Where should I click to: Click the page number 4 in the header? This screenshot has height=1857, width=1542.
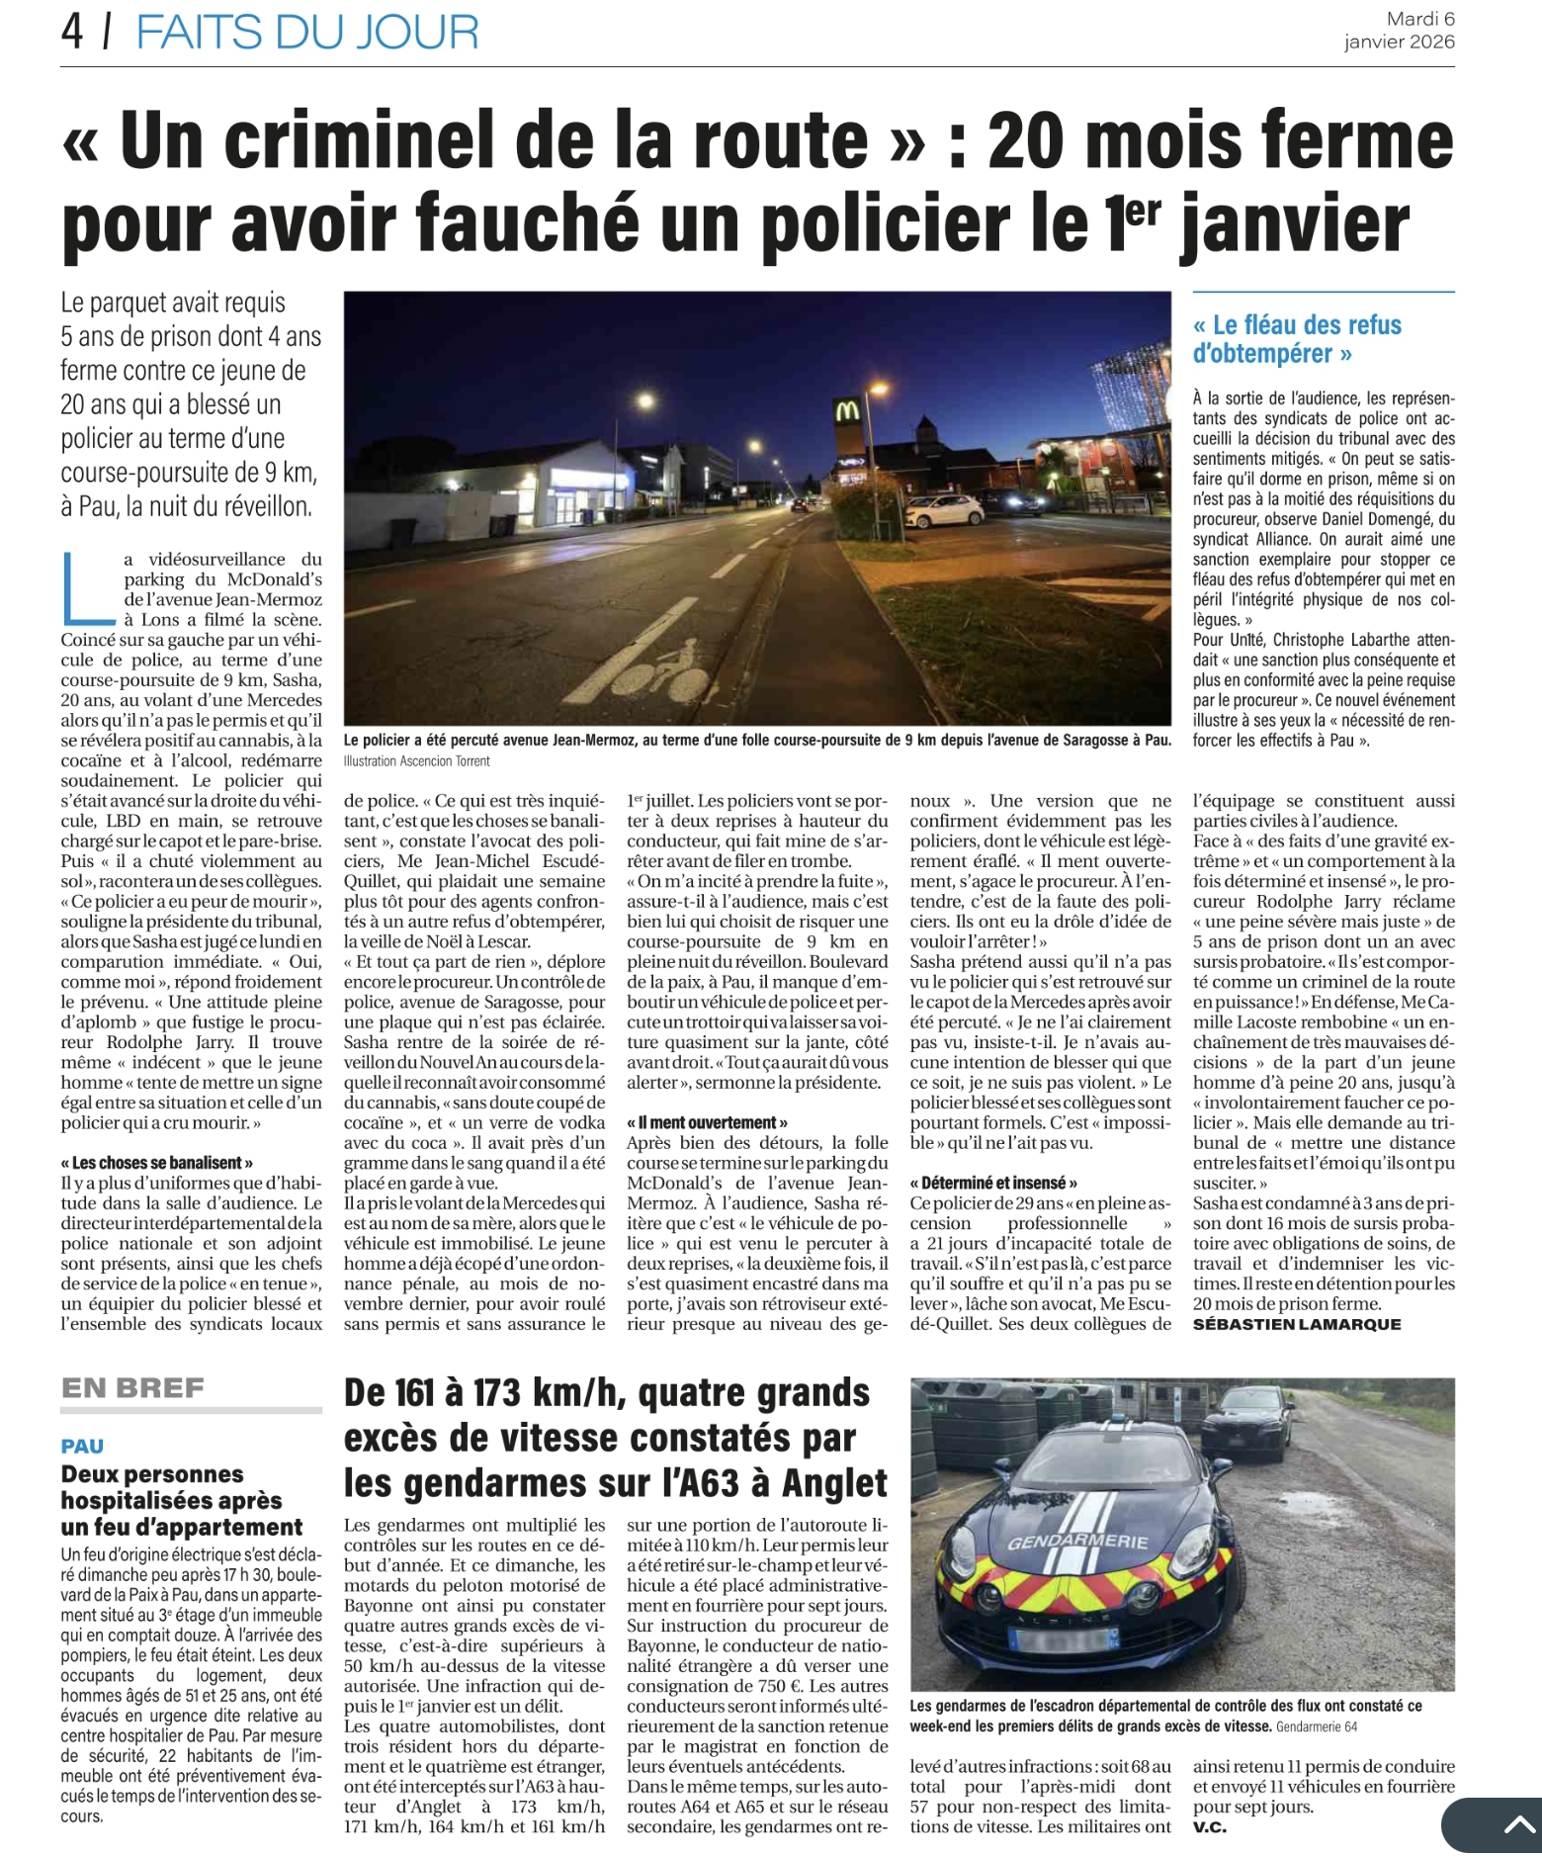pyautogui.click(x=72, y=32)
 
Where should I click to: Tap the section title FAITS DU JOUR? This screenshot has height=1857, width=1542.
pyautogui.click(x=306, y=32)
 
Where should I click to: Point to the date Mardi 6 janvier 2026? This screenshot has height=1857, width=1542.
pyautogui.click(x=1399, y=30)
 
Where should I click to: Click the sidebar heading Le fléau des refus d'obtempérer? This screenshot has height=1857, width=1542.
pyautogui.click(x=1296, y=338)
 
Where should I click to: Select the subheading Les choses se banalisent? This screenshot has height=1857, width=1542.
pyautogui.click(x=157, y=1163)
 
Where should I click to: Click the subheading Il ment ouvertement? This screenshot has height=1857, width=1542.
pyautogui.click(x=707, y=1122)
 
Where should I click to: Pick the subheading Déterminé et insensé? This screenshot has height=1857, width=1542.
pyautogui.click(x=993, y=1183)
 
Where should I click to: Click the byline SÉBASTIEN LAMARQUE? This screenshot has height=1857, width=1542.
pyautogui.click(x=1296, y=1324)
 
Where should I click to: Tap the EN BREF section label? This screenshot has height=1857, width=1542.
pyautogui.click(x=132, y=1388)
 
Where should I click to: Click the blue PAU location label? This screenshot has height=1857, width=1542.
pyautogui.click(x=82, y=1446)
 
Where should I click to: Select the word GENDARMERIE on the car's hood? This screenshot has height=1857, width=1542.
pyautogui.click(x=1077, y=1542)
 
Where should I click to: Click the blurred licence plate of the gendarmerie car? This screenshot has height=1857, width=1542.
pyautogui.click(x=1063, y=1639)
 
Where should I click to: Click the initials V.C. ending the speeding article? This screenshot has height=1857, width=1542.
pyautogui.click(x=1209, y=1827)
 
